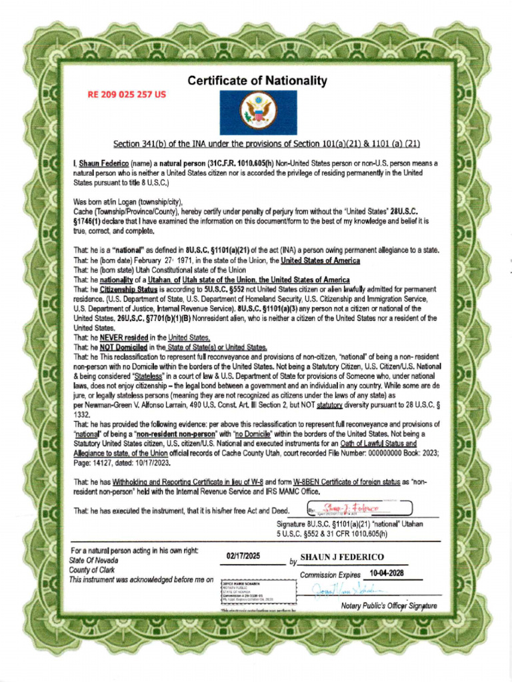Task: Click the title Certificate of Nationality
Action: tap(257, 81)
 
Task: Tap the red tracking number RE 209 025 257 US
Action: tap(127, 95)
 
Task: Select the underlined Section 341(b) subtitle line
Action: tap(266, 144)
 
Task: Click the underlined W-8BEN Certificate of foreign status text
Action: tap(343, 480)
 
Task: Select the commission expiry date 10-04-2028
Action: tap(387, 573)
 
